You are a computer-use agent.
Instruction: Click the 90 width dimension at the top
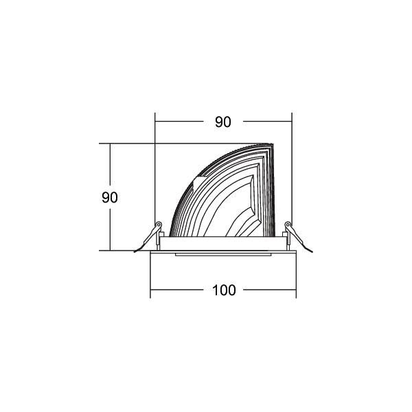tap(222, 122)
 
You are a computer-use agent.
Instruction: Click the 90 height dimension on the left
tap(110, 198)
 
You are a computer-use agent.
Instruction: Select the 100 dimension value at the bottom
tap(224, 290)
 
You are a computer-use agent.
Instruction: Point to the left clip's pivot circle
tap(159, 225)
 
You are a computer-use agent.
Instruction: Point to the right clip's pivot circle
tap(288, 225)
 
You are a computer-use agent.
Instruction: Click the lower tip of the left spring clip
tap(135, 250)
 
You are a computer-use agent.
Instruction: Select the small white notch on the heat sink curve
tap(200, 183)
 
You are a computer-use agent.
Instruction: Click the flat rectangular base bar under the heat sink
tap(223, 243)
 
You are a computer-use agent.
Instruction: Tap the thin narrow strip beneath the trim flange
tap(223, 255)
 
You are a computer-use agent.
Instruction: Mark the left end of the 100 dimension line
tap(151, 290)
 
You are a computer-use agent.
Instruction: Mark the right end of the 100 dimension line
tap(296, 290)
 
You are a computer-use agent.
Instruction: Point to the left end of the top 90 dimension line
tap(155, 122)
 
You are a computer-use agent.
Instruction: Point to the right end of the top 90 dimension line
tap(292, 122)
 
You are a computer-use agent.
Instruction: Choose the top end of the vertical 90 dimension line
tap(110, 144)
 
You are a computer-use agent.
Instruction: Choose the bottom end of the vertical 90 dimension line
tap(110, 251)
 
